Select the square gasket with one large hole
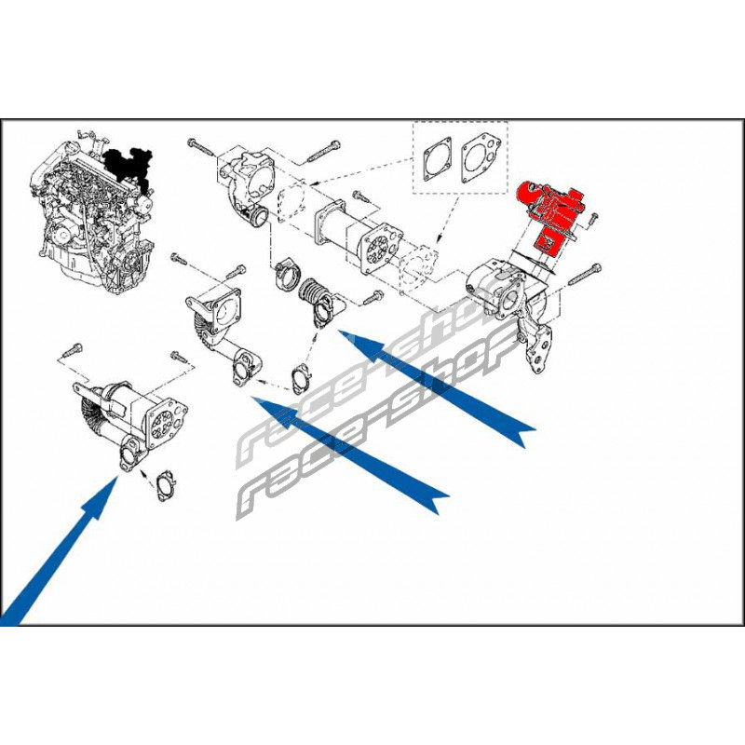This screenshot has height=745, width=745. point(437,159)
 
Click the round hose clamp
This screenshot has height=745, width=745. point(287,276)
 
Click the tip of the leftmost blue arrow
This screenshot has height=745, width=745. point(117,477)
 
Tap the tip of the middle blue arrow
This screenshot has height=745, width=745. point(252,397)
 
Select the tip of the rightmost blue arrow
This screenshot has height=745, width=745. point(338,331)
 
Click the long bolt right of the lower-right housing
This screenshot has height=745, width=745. point(585,275)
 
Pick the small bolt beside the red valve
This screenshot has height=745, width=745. point(593,218)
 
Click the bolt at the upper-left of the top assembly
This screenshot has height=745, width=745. point(202,146)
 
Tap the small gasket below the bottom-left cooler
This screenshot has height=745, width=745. point(166,485)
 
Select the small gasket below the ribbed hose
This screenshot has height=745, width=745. point(301,378)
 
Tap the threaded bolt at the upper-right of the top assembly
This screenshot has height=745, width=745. point(324,151)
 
